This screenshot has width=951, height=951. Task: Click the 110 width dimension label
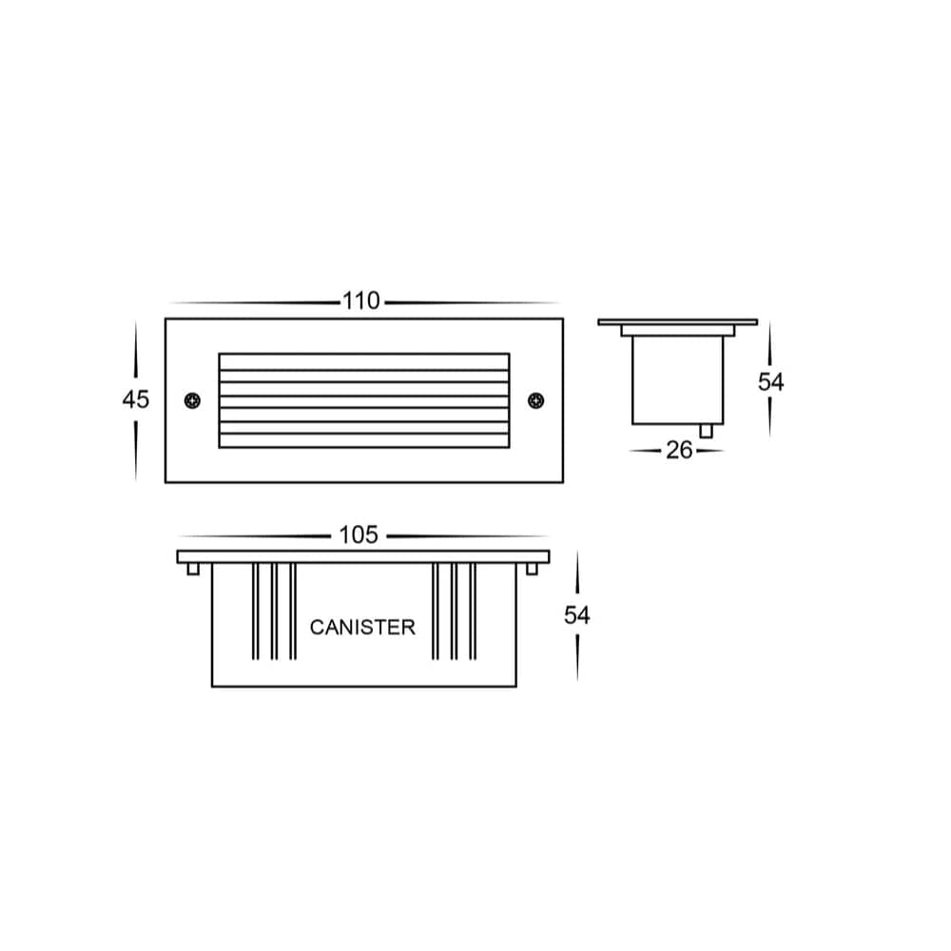coord(361,301)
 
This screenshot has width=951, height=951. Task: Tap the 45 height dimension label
coord(136,399)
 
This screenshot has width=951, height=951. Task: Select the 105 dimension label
coord(359,535)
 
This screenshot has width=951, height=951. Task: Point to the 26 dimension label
coord(679,450)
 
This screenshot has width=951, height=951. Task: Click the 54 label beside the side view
coord(770,381)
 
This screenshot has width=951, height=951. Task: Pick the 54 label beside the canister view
coord(577,615)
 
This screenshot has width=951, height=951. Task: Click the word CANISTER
coord(362,628)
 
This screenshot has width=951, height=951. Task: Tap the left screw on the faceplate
coord(193,400)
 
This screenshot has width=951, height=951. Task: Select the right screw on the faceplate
coord(535,400)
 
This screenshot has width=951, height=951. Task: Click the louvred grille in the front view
coord(364,400)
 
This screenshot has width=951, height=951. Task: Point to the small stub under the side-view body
coord(706,431)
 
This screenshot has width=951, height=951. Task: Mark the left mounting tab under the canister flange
coord(193,569)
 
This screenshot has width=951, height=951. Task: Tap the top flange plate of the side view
coord(677,321)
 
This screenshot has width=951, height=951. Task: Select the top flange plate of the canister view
coord(363,556)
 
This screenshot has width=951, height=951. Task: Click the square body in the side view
coord(677,380)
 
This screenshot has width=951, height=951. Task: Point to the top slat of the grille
coord(364,362)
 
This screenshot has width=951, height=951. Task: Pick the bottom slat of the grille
coord(364,440)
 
